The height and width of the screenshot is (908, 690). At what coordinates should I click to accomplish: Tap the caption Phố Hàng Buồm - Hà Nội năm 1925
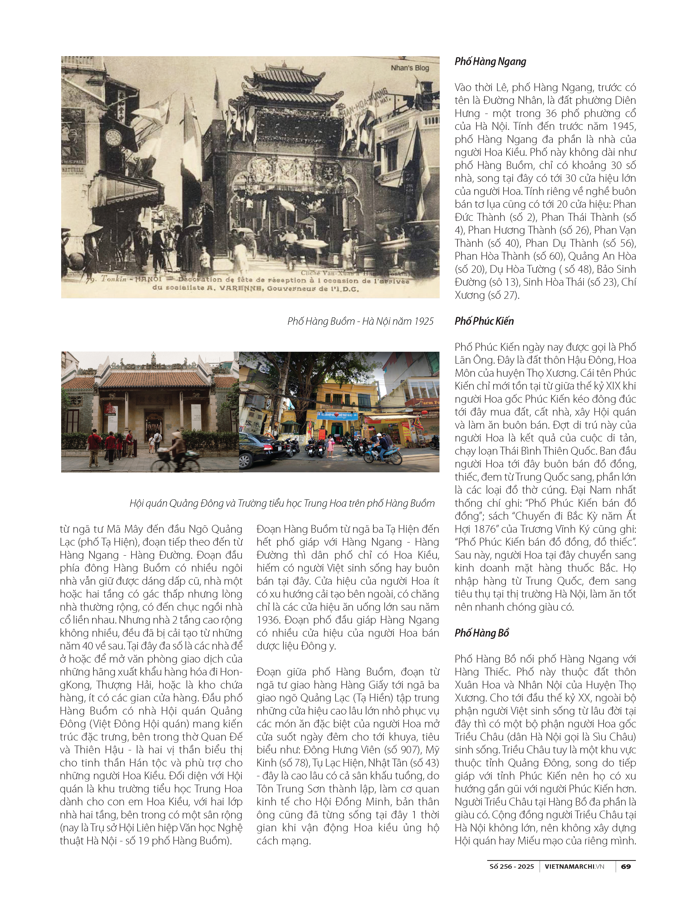tap(360, 321)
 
